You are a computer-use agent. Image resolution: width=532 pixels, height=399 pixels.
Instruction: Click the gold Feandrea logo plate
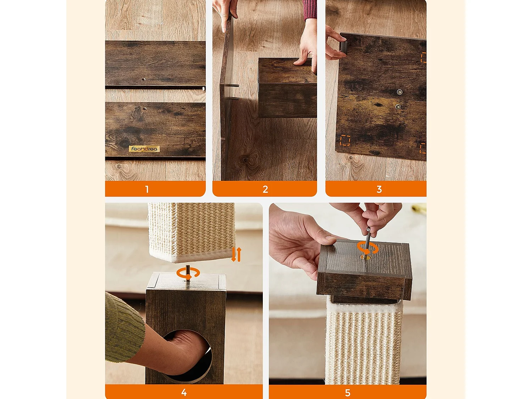pyautogui.click(x=144, y=149)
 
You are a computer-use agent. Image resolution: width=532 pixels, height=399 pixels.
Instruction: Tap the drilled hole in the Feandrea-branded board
pyautogui.click(x=145, y=109)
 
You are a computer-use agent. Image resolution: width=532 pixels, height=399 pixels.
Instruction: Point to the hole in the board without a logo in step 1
pyautogui.click(x=144, y=79)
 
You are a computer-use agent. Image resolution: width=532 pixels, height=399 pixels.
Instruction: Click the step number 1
pyautogui.click(x=147, y=189)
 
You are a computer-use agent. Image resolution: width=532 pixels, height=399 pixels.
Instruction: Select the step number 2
pyautogui.click(x=265, y=189)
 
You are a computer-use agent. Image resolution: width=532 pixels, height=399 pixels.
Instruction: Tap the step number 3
pyautogui.click(x=379, y=189)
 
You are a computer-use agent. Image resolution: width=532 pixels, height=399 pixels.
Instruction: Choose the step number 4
pyautogui.click(x=184, y=392)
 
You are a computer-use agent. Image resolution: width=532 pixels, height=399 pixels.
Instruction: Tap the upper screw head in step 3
pyautogui.click(x=399, y=92)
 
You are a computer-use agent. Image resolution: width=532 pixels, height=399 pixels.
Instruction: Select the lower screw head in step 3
pyautogui.click(x=398, y=107)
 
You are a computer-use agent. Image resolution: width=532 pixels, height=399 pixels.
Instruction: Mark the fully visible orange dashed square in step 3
pyautogui.click(x=345, y=140)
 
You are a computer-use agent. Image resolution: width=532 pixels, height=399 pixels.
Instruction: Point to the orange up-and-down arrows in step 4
pyautogui.click(x=236, y=254)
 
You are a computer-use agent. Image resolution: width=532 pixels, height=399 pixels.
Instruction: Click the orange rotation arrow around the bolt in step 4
pyautogui.click(x=188, y=273)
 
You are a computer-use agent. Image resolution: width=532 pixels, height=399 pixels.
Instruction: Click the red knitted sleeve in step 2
pyautogui.click(x=310, y=10)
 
